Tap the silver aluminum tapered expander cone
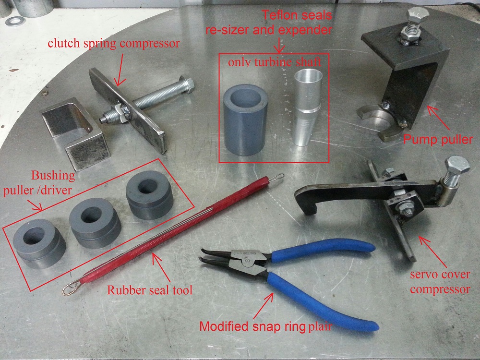click(x=307, y=107)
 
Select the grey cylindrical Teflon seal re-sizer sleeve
click(x=245, y=120)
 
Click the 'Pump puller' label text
click(x=438, y=140)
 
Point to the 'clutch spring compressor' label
click(x=114, y=43)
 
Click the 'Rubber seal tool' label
click(x=150, y=290)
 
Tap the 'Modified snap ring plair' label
click(x=265, y=326)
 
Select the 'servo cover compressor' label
click(x=440, y=282)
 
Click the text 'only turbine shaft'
click(x=275, y=62)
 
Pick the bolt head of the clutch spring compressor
click(x=187, y=85)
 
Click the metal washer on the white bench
click(x=16, y=21)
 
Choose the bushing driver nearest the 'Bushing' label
click(x=39, y=244)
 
